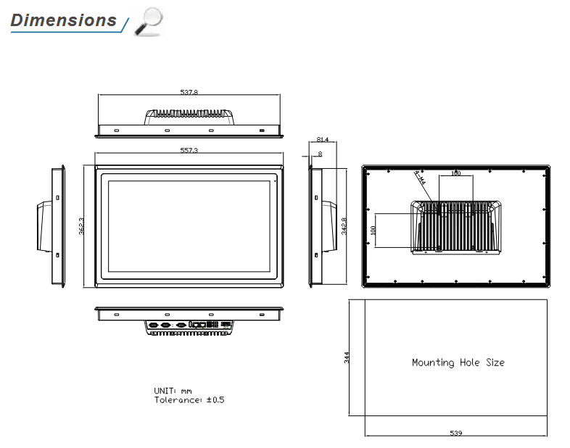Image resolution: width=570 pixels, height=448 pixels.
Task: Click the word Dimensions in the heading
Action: pos(63,20)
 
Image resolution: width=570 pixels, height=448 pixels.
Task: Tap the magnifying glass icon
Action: pos(149,21)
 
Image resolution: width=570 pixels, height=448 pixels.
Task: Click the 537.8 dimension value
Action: pos(189,92)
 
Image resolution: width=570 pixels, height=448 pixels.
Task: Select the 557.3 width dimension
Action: pos(189,150)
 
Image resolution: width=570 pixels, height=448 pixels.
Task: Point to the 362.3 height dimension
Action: pos(82,225)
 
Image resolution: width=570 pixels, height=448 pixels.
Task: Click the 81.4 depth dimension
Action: pos(323,139)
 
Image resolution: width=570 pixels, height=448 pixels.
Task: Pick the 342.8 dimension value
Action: pos(344,226)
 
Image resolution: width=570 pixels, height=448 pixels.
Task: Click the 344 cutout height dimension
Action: pos(347,357)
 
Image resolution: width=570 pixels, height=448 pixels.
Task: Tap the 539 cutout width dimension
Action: pos(456,434)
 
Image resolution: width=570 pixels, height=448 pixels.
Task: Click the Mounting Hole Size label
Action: pos(458,362)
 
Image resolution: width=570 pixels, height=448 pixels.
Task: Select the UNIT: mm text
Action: pos(173,391)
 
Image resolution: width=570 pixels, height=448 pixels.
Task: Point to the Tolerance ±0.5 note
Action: pos(189,400)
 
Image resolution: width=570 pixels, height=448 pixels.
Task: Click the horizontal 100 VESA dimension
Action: pos(455,174)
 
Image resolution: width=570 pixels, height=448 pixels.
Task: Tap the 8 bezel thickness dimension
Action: pos(321,154)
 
